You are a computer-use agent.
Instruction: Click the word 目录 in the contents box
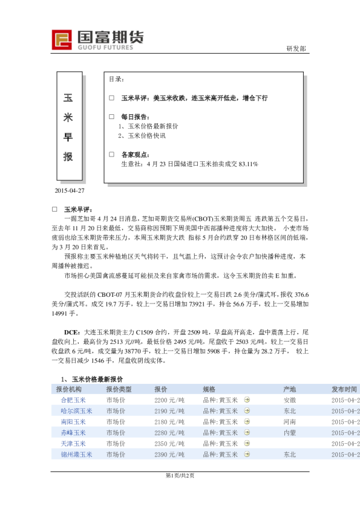tap(116, 79)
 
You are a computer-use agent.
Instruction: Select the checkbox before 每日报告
tap(111, 116)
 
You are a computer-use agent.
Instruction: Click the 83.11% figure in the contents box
tap(247, 164)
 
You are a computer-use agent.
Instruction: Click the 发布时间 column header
tap(344, 389)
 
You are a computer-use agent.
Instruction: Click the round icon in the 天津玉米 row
tap(247, 444)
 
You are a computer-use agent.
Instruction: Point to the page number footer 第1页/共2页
tap(180, 475)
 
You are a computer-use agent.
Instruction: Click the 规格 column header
tap(209, 389)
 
